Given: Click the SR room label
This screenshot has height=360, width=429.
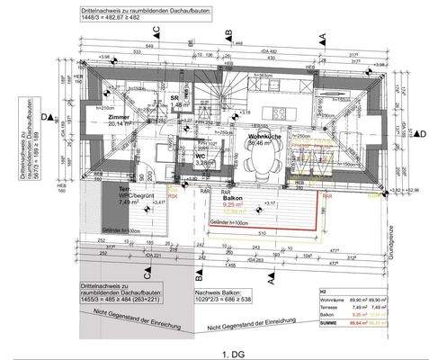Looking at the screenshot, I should coord(174,97).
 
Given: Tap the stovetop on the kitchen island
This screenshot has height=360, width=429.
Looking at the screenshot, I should coord(278,115).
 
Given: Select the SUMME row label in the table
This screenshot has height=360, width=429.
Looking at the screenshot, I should coord(329,319).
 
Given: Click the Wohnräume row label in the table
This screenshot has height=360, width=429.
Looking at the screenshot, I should coord(332,299).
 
